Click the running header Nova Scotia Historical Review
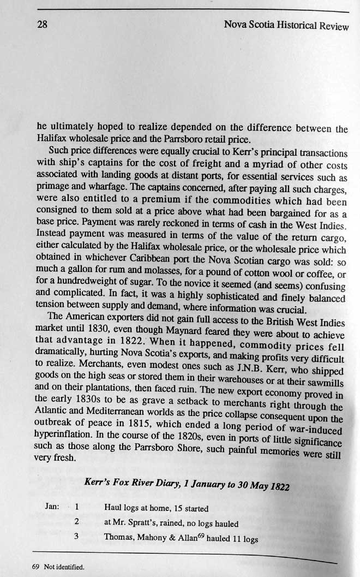[286, 26]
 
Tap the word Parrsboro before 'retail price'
[173, 139]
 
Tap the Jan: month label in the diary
[52, 506]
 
